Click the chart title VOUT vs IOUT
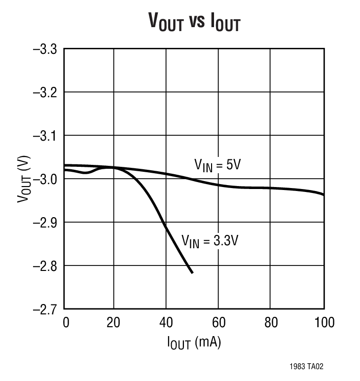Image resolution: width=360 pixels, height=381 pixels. coord(194,21)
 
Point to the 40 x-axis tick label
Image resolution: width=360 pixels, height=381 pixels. coord(166,323)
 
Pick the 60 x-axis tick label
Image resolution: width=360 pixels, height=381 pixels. coord(218,323)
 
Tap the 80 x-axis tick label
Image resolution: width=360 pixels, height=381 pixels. coord(271,323)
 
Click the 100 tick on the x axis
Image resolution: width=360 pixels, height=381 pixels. coord(323,323)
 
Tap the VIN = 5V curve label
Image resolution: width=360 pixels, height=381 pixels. coord(216,165)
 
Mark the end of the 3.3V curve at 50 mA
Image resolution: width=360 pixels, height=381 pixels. coord(192,272)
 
